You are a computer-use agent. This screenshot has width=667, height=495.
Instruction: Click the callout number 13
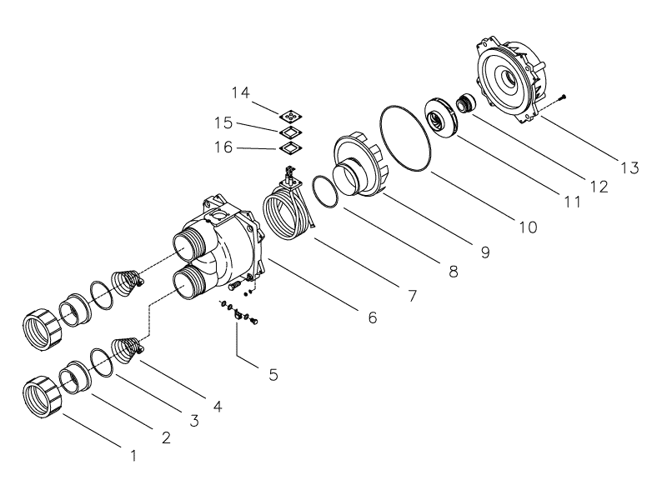(x=629, y=168)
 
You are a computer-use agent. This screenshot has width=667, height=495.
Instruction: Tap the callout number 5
(x=273, y=375)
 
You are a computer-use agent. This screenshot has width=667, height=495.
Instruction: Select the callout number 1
(x=133, y=456)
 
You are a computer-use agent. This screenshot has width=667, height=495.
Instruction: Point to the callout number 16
(x=223, y=147)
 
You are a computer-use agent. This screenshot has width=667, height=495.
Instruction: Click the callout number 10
(x=528, y=227)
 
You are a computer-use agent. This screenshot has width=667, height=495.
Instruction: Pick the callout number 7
(x=412, y=296)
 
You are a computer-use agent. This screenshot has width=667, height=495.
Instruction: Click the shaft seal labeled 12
(x=464, y=103)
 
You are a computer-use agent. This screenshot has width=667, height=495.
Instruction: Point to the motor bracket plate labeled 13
(x=510, y=81)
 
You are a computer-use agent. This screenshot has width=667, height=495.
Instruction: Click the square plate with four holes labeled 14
(x=290, y=116)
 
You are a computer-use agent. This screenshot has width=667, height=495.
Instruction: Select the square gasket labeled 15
(x=290, y=132)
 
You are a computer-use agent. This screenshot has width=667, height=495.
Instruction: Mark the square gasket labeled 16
(x=290, y=147)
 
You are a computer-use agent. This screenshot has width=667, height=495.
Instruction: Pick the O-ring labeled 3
(x=102, y=362)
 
